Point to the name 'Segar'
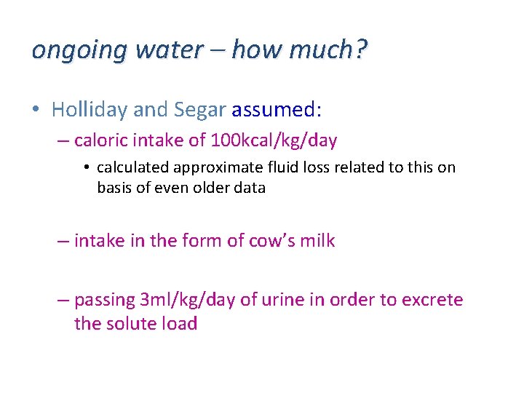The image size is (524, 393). [199, 110]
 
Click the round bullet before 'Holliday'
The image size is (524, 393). [37, 111]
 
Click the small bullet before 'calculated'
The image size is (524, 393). [87, 168]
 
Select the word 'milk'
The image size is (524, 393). [319, 241]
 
